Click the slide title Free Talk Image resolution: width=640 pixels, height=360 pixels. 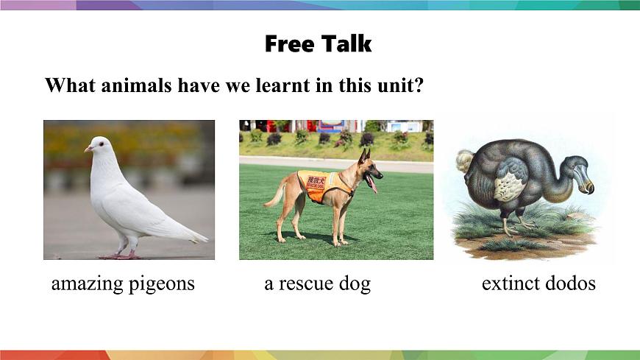coord(319,44)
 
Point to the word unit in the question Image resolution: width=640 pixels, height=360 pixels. coord(398,86)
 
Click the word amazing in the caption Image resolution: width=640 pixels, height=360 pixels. coord(85,284)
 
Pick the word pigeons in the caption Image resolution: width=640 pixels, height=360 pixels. coord(161,284)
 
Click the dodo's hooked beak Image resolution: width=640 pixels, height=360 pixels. coord(586,182)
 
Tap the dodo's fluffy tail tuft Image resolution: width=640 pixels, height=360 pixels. coord(464,160)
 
